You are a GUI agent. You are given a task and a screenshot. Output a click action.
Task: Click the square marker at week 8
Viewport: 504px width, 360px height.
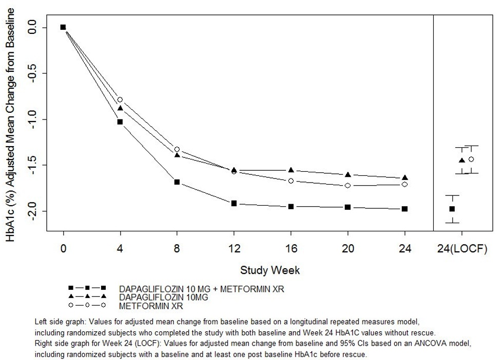[x=177, y=182]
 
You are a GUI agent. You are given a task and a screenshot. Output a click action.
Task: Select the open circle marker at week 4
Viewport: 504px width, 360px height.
[x=120, y=99]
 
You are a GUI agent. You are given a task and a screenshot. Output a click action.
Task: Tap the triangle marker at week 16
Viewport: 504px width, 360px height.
[x=291, y=170]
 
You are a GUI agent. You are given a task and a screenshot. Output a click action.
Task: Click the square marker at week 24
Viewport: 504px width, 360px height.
[x=405, y=209]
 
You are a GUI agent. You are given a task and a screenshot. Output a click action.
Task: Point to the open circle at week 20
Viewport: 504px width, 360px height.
[x=348, y=185]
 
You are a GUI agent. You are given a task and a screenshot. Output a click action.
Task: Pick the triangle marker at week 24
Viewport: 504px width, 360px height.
[x=405, y=177]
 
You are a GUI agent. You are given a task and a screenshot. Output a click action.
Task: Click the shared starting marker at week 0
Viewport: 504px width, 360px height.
[x=63, y=27]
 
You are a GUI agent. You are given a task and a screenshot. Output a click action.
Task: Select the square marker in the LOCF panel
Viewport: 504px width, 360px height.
[x=452, y=209]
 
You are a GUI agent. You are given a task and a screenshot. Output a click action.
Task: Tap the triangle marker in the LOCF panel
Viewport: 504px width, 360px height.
[x=462, y=161]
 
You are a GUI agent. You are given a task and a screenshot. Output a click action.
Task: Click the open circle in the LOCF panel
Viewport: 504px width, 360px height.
[x=471, y=159]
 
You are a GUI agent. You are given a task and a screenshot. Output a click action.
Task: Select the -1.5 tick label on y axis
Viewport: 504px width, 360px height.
[x=34, y=165]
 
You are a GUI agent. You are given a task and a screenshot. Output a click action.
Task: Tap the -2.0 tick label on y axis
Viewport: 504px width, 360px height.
[x=34, y=211]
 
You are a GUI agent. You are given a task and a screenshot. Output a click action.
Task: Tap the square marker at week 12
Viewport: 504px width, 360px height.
[x=234, y=204]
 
